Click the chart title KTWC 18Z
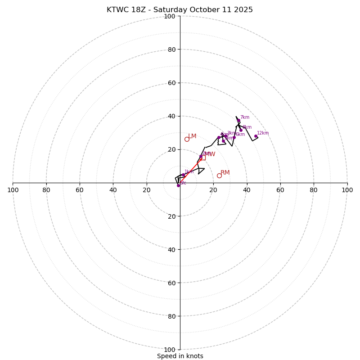point(180,10)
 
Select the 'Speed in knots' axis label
point(180,356)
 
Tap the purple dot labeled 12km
point(256,136)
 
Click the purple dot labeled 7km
point(238,121)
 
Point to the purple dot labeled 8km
point(241,130)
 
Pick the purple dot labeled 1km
point(183,175)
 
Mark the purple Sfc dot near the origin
point(178,185)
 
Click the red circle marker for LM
point(187,139)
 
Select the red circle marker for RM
point(219,175)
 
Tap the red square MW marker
point(203,157)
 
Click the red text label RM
point(225,172)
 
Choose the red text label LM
point(192,136)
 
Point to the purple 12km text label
point(263,133)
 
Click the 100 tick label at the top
point(170,16)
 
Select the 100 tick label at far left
point(13,190)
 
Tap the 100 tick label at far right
point(347,190)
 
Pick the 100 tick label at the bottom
point(170,349)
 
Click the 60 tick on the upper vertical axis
point(171,83)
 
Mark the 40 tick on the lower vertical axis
point(171,249)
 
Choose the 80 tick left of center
point(46,190)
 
